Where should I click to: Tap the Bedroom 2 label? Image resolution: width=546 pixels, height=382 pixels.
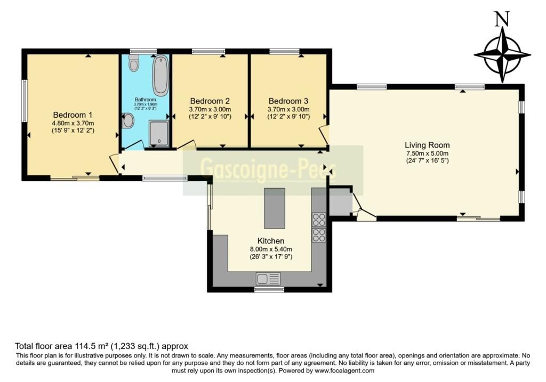210,101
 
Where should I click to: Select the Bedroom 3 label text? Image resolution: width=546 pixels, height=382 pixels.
288,101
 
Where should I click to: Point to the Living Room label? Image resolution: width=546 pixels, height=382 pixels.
427,145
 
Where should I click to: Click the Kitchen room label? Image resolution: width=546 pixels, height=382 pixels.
270,241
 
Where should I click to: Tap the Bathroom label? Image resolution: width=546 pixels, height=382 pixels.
145,100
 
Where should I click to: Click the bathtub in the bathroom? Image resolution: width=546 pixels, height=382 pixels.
160,76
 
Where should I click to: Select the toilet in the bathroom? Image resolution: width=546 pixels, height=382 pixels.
134,63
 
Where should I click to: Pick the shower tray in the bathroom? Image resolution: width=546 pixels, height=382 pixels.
159,133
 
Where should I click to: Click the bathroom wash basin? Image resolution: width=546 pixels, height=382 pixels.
128,121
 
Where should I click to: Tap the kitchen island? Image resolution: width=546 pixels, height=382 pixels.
275,208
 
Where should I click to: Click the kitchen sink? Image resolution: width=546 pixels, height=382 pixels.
268,279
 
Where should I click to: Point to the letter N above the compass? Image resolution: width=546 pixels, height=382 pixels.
502,19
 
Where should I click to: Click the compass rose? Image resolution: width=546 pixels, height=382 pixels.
502,55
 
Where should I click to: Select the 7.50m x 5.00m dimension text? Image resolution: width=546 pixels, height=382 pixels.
427,153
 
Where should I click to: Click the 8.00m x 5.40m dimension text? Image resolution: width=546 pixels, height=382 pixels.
271,249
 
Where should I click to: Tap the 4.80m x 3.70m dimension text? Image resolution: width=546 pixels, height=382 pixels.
73,123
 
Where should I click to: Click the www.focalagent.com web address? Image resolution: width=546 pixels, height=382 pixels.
344,370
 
